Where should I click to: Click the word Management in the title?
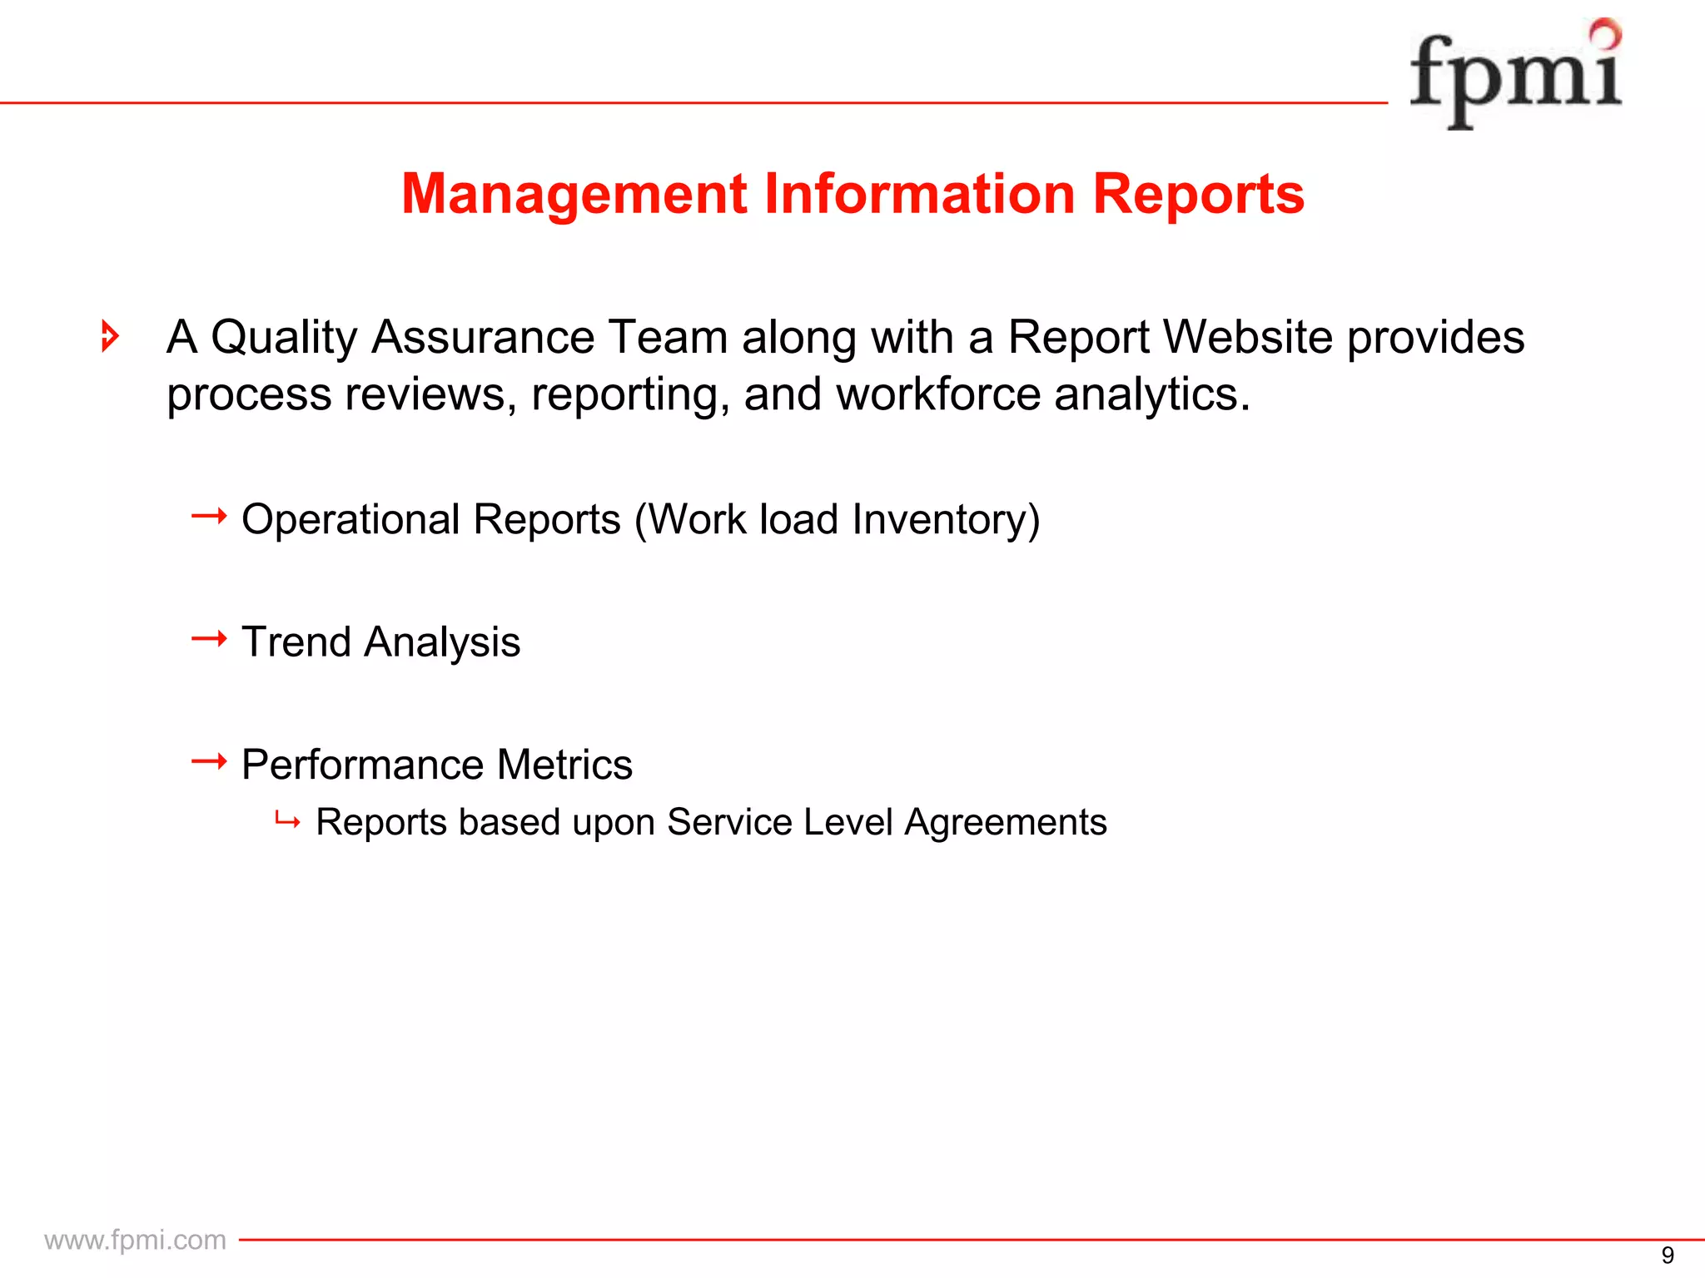click(574, 195)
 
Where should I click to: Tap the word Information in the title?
click(920, 193)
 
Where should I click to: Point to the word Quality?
click(283, 338)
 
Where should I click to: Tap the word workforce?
click(938, 394)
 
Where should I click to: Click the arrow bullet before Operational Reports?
click(209, 517)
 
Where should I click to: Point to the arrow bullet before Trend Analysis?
click(209, 639)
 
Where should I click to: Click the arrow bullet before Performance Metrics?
click(209, 761)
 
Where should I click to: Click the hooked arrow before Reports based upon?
click(287, 822)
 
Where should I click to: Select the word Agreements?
click(1005, 822)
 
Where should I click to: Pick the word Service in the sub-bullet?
click(729, 822)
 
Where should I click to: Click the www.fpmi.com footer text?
click(135, 1240)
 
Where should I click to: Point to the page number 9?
click(1667, 1255)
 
